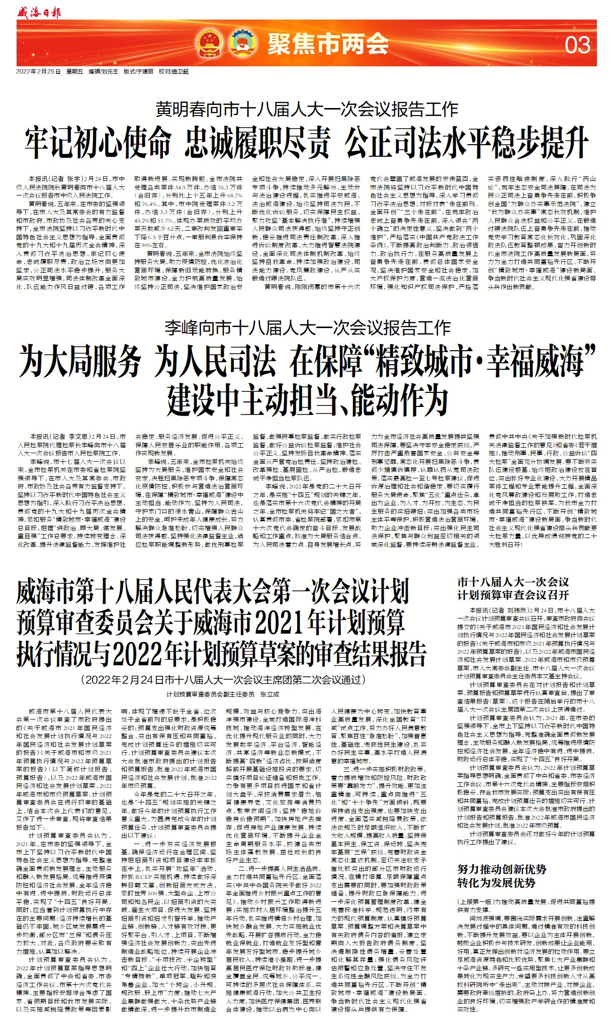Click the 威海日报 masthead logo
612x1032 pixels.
(39, 12)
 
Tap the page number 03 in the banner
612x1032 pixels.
(577, 45)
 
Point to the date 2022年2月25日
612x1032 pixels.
(38, 71)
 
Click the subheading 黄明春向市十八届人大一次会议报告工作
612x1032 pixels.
(306, 109)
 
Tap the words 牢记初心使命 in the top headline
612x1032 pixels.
(98, 142)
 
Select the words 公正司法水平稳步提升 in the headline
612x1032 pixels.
(466, 142)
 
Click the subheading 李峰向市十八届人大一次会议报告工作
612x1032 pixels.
(307, 328)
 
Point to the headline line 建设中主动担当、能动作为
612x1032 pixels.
(307, 398)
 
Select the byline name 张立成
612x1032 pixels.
(269, 694)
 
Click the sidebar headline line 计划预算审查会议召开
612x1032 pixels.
(513, 595)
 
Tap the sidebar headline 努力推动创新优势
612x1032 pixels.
(501, 869)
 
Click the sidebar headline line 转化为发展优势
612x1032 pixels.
(496, 882)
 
